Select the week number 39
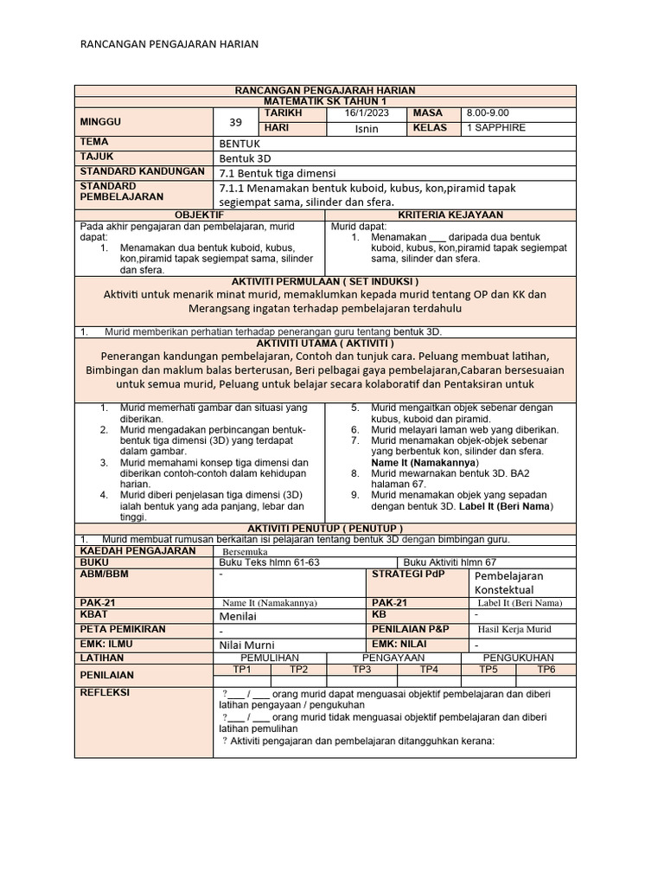235,122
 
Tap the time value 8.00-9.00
488,113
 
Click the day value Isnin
367,129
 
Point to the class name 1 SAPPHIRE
496,128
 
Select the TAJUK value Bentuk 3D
246,157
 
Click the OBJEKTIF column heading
200,214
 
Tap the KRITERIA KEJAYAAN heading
450,214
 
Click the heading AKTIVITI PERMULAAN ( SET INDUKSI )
325,282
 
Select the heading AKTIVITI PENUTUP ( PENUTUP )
325,528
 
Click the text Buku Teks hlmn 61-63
271,562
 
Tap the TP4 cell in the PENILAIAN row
428,669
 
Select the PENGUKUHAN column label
522,658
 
